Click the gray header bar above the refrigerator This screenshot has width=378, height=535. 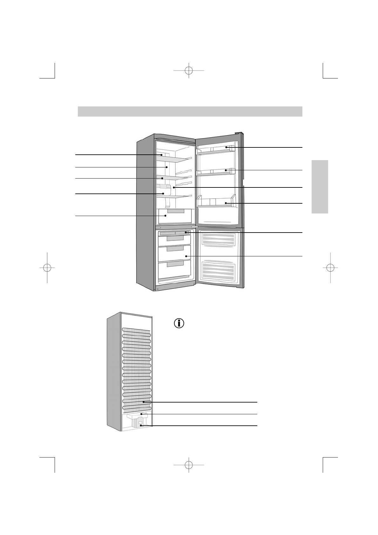click(x=190, y=112)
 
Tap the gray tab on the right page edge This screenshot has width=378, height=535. click(x=320, y=187)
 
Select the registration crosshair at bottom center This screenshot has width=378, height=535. click(x=189, y=465)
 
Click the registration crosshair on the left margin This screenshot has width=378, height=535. click(x=47, y=267)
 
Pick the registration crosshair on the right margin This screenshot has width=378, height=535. click(x=330, y=267)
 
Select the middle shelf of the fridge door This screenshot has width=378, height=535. click(x=216, y=173)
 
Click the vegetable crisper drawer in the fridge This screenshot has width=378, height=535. click(x=175, y=217)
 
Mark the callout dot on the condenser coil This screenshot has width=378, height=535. click(x=144, y=402)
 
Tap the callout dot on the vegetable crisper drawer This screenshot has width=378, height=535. click(x=165, y=216)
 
